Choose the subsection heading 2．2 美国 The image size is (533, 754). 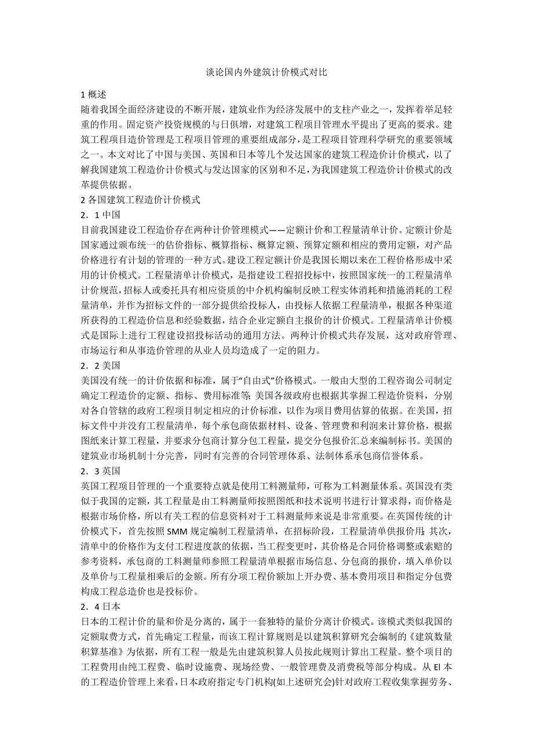[x=101, y=365]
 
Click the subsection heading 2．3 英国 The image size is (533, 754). [x=101, y=471]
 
